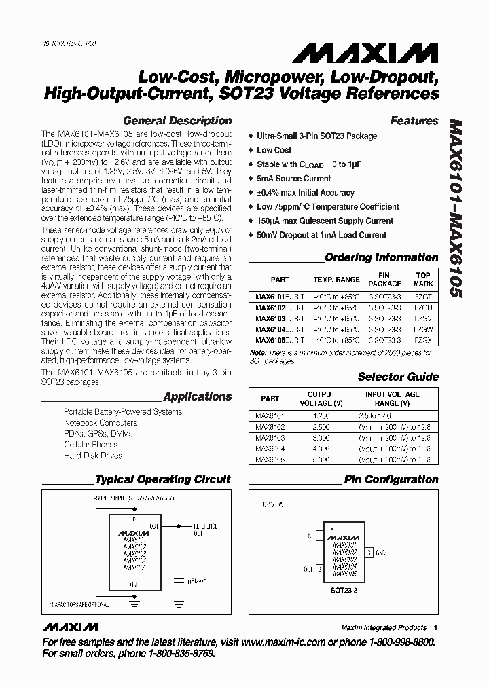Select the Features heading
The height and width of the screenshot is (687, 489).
[x=414, y=121]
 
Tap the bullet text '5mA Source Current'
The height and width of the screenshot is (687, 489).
[x=294, y=179]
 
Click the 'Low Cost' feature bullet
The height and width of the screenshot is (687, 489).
[x=274, y=150]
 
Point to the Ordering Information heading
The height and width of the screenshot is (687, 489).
[x=382, y=257]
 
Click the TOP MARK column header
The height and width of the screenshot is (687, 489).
[x=423, y=280]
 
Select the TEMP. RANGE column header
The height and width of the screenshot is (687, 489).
[x=336, y=280]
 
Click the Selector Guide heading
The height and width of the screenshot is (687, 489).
[x=397, y=377]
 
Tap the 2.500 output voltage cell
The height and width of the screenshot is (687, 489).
[x=321, y=425]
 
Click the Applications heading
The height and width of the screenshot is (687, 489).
[x=198, y=396]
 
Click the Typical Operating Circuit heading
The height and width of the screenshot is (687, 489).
[x=162, y=479]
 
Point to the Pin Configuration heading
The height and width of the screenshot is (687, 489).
[x=391, y=479]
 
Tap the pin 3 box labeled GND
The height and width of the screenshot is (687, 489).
[x=369, y=553]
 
